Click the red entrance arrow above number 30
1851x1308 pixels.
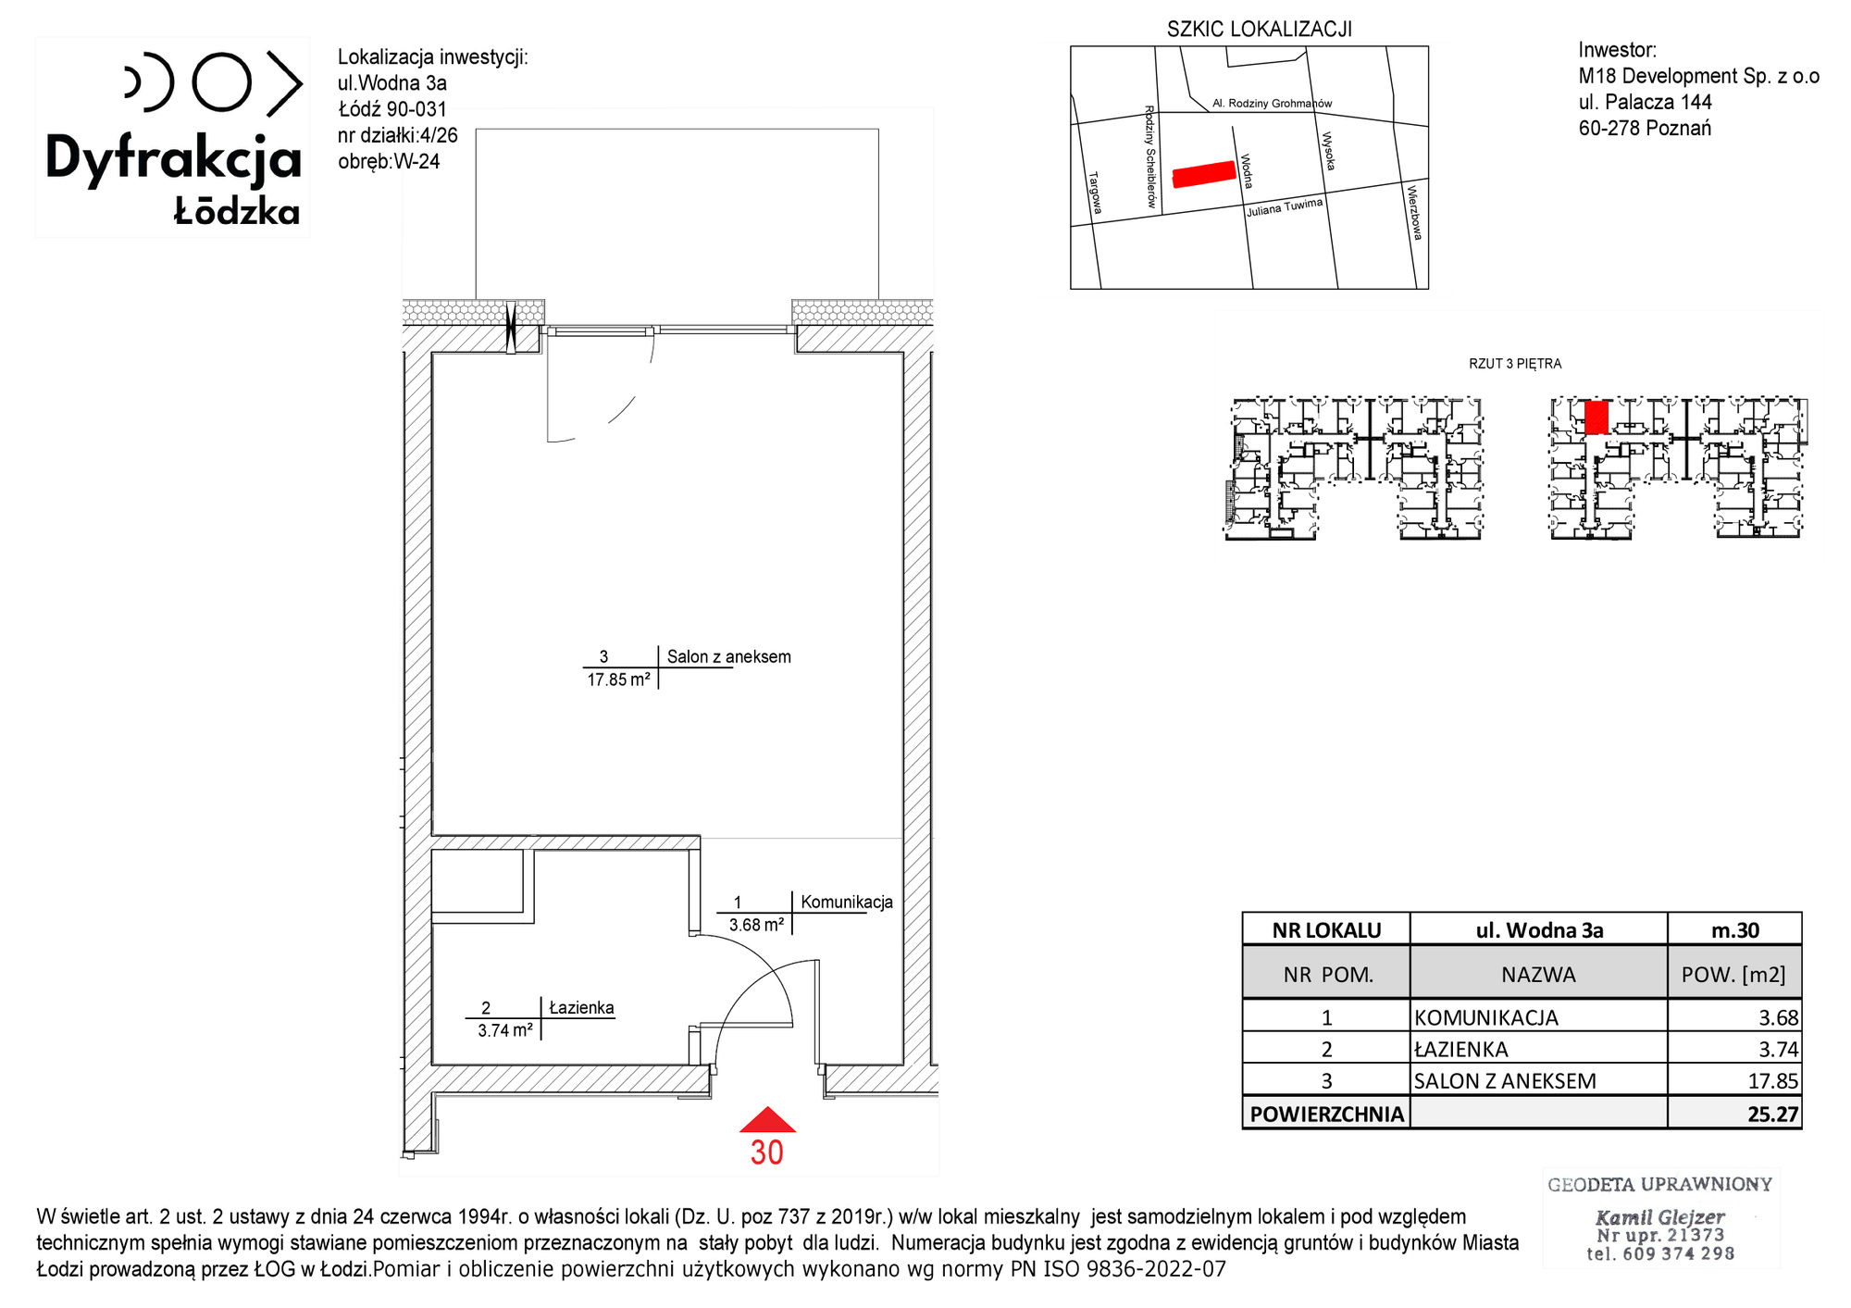(x=767, y=1121)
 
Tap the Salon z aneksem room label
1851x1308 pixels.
(x=729, y=657)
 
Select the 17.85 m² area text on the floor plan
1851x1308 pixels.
(x=618, y=679)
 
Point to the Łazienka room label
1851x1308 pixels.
(x=581, y=1007)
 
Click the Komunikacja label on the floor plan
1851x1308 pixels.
(x=847, y=902)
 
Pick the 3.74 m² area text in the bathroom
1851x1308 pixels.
(x=505, y=1030)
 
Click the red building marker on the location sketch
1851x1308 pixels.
(x=1204, y=174)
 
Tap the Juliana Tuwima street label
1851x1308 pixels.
(x=1285, y=207)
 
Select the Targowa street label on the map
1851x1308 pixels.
(x=1095, y=193)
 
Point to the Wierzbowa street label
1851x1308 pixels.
(x=1414, y=213)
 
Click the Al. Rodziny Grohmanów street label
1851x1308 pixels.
(x=1273, y=104)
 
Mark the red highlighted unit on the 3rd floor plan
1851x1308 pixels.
(x=1596, y=417)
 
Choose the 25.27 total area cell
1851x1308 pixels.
(x=1772, y=1114)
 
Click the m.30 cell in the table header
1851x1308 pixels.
(x=1735, y=930)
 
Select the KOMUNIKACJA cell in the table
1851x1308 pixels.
(x=1486, y=1017)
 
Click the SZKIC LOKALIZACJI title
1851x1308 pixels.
(x=1260, y=30)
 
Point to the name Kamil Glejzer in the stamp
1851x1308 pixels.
(x=1660, y=1217)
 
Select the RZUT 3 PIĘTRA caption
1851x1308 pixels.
(x=1515, y=364)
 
